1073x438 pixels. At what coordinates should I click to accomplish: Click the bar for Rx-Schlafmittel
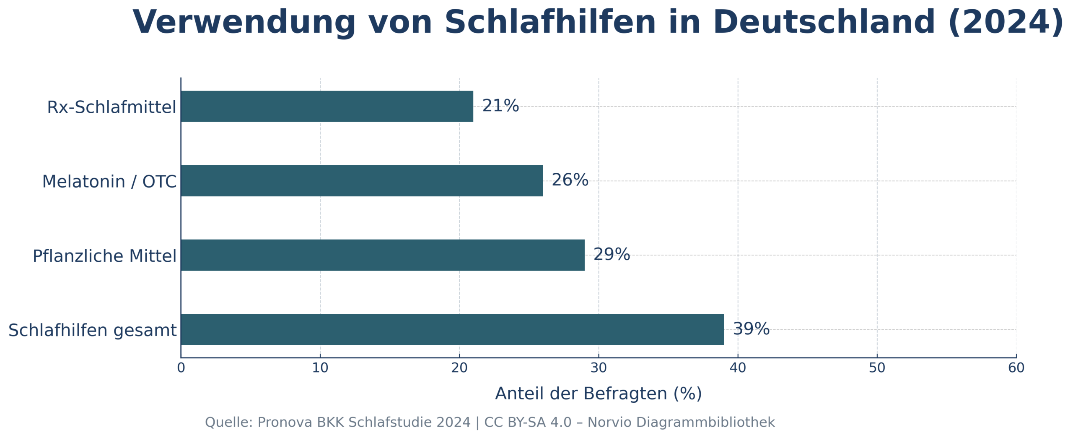pyautogui.click(x=327, y=106)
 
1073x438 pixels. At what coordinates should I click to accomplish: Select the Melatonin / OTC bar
pyautogui.click(x=362, y=180)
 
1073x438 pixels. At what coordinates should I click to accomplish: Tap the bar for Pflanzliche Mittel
pyautogui.click(x=383, y=255)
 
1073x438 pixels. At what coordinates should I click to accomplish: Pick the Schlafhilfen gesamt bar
pyautogui.click(x=452, y=329)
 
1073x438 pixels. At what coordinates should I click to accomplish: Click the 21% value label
pyautogui.click(x=500, y=106)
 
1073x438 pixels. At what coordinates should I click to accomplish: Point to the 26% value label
pyautogui.click(x=570, y=180)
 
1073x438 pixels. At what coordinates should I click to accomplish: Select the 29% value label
pyautogui.click(x=612, y=254)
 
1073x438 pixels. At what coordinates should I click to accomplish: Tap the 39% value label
pyautogui.click(x=751, y=329)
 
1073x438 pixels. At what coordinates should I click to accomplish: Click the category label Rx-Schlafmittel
pyautogui.click(x=111, y=107)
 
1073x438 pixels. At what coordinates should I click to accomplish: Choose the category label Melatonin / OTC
pyautogui.click(x=109, y=182)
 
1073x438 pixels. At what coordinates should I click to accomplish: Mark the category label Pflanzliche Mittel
pyautogui.click(x=104, y=256)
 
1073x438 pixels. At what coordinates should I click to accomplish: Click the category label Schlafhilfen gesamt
pyautogui.click(x=92, y=330)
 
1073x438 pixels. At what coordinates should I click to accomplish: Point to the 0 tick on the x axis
pyautogui.click(x=181, y=368)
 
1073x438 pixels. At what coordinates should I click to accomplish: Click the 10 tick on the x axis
pyautogui.click(x=320, y=368)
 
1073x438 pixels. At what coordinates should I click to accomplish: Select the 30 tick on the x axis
pyautogui.click(x=599, y=368)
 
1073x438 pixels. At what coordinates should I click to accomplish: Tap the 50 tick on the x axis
pyautogui.click(x=877, y=368)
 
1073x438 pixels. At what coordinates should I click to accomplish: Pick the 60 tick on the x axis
pyautogui.click(x=1016, y=368)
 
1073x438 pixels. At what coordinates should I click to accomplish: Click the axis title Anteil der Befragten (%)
pyautogui.click(x=598, y=394)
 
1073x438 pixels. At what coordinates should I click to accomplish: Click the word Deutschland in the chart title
pyautogui.click(x=824, y=22)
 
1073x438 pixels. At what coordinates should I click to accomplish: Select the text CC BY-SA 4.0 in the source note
pyautogui.click(x=528, y=422)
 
